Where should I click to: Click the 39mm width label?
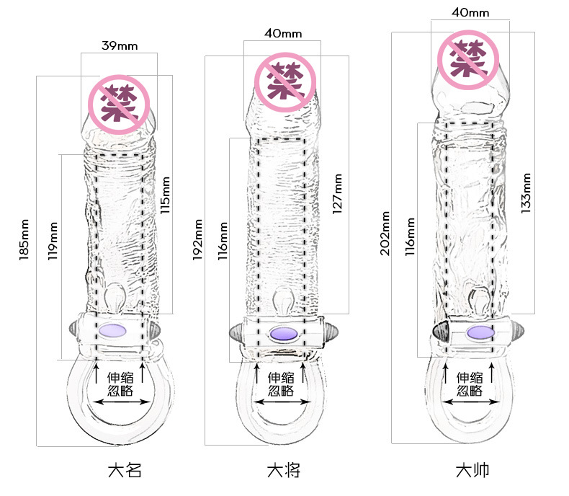coord(120,45)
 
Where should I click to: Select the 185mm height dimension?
coord(24,239)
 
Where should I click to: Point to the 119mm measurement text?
coord(53,241)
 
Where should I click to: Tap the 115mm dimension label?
coord(165,195)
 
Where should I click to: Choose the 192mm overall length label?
coord(197,239)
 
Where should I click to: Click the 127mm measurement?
coord(337,193)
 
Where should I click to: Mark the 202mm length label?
coord(385,234)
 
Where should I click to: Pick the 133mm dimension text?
coord(526,193)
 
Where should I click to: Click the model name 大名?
coord(125,470)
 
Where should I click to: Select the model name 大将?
coord(284,470)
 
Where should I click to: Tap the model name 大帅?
coord(472,470)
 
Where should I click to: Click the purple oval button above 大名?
coord(112,331)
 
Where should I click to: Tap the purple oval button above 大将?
coord(284,333)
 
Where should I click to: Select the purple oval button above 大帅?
coord(480,332)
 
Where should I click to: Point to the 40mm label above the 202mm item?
coord(470,13)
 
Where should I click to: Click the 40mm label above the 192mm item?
coord(283,33)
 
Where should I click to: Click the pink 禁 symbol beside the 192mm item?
coord(285,81)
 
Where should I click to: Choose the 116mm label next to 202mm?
coord(410,236)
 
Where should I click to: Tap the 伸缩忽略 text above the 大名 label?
coord(120,384)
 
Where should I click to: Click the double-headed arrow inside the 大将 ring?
coord(282,402)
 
